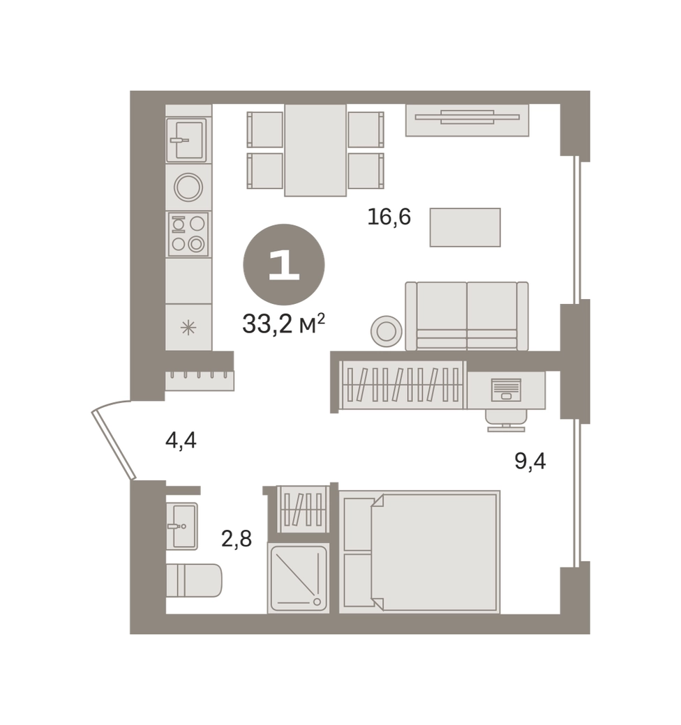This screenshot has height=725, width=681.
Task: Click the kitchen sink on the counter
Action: pyautogui.click(x=186, y=139)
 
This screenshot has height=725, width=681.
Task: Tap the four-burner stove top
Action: pyautogui.click(x=188, y=234)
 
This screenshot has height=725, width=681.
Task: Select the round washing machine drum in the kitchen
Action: pyautogui.click(x=188, y=188)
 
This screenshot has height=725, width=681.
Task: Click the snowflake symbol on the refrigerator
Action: pyautogui.click(x=188, y=328)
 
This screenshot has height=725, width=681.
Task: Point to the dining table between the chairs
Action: pyautogui.click(x=315, y=151)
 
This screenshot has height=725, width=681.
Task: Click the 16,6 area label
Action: pyautogui.click(x=389, y=216)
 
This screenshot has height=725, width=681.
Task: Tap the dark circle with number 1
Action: pyautogui.click(x=283, y=264)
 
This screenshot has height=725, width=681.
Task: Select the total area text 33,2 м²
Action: pyautogui.click(x=283, y=323)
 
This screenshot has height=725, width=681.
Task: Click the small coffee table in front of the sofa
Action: pyautogui.click(x=465, y=227)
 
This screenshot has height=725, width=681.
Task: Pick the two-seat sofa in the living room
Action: pyautogui.click(x=467, y=316)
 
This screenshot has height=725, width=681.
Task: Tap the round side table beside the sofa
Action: pyautogui.click(x=387, y=331)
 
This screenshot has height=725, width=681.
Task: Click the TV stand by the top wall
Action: pyautogui.click(x=467, y=120)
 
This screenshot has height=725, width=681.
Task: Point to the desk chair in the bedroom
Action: pyautogui.click(x=506, y=420)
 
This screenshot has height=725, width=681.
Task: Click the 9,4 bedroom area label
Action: pyautogui.click(x=530, y=461)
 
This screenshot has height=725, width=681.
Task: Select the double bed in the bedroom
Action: pyautogui.click(x=419, y=551)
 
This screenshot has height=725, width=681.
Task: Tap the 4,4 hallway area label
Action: pyautogui.click(x=181, y=440)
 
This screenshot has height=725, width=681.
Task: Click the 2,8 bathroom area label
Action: pyautogui.click(x=237, y=539)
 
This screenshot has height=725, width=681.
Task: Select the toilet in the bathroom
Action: pyautogui.click(x=194, y=580)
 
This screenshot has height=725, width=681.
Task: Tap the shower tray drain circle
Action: pyautogui.click(x=317, y=602)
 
